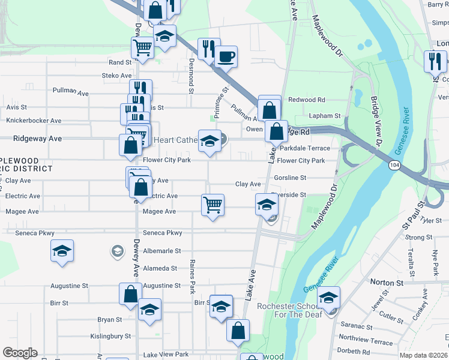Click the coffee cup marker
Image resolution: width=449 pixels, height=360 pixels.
[226, 58]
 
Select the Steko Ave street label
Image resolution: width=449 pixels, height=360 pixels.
[117, 76]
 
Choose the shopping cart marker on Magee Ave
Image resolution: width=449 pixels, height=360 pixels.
[212, 205]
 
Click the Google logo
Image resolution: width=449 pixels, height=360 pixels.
[20, 353]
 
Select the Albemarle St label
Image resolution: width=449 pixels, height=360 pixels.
[160, 250]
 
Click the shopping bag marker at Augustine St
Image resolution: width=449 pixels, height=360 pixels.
[130, 294]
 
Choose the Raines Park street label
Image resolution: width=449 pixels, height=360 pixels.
[192, 276]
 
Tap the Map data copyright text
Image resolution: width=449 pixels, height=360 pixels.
[424, 355]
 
